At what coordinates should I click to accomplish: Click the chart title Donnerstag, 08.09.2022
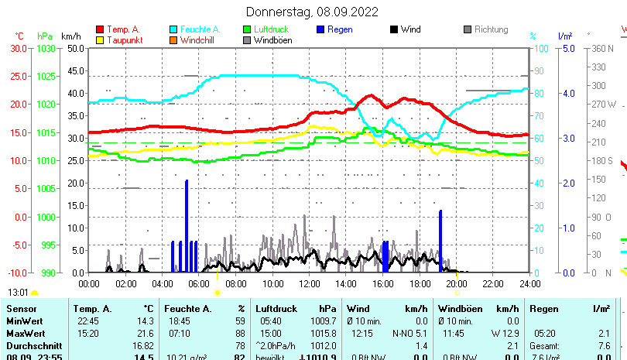coord(313,12)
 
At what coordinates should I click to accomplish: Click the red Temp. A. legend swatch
coord(100,29)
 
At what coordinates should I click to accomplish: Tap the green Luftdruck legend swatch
coord(247,29)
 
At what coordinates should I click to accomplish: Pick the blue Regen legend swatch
coord(321,29)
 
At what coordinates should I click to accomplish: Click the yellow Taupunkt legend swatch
coord(100,40)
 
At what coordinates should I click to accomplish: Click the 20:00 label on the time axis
coord(456,283)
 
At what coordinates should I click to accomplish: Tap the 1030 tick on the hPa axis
coord(46,48)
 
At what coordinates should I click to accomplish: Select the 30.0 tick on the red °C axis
coord(19,48)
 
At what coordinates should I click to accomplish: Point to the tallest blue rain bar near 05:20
coord(187,225)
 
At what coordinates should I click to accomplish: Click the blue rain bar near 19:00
coord(440,240)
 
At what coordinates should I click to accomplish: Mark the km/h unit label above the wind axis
coord(70,36)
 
